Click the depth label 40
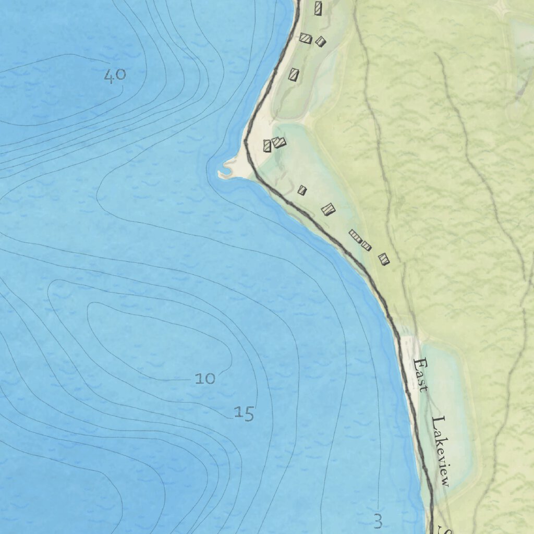(115, 76)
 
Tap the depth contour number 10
(205, 378)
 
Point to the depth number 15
(244, 414)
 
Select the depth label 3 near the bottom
(378, 520)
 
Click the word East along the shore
(420, 374)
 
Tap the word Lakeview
(441, 451)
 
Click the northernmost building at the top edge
(318, 8)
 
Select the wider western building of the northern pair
(306, 39)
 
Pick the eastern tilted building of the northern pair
(320, 41)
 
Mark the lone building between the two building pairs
(294, 75)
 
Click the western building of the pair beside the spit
(268, 145)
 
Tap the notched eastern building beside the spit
(279, 142)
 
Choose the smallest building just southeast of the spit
(302, 190)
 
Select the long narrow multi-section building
(355, 236)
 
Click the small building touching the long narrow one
(366, 246)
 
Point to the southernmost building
(384, 259)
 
